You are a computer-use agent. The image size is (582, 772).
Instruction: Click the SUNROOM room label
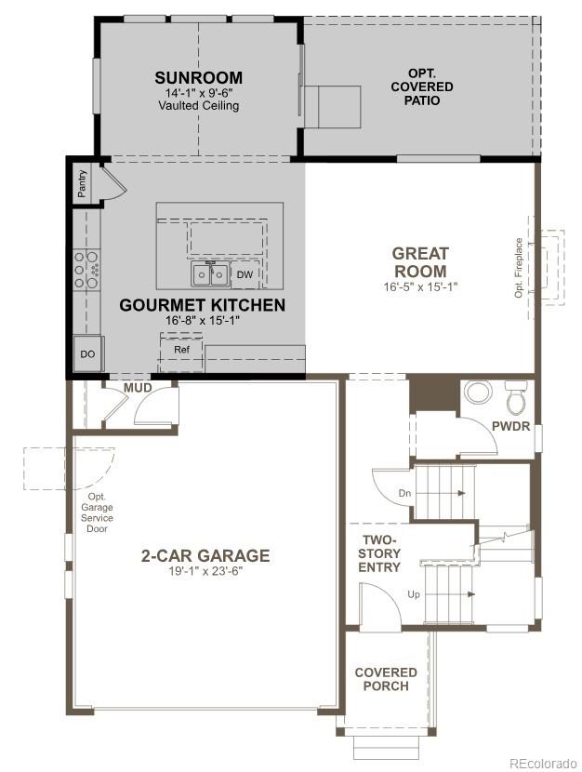pos(198,77)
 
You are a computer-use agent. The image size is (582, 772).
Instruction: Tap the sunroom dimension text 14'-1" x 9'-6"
pos(198,93)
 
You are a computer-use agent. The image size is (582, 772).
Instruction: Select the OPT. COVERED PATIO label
pos(430,87)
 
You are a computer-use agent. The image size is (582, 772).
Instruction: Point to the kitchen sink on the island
pos(211,274)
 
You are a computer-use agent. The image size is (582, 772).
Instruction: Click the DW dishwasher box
pos(245,275)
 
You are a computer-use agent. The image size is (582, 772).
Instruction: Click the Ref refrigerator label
pos(182,350)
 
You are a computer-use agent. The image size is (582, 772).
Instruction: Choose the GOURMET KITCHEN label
pos(203,305)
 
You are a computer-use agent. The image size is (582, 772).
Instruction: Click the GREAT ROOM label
pos(420,262)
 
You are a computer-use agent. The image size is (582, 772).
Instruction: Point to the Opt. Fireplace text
pos(519,267)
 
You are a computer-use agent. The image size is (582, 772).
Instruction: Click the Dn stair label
pos(404,493)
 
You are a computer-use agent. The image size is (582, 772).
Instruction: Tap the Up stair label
pos(413,593)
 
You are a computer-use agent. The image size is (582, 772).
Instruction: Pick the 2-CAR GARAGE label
pos(205,556)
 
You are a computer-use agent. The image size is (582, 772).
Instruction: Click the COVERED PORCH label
pos(386,679)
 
